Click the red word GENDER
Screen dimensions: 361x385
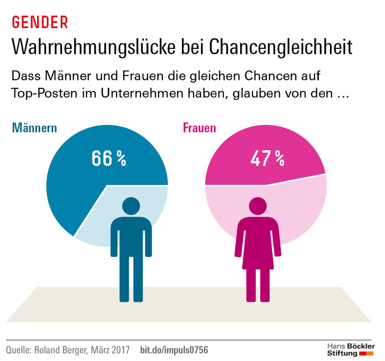coord(40,22)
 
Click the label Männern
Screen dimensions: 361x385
coord(35,128)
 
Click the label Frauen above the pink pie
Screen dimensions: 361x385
coord(199,128)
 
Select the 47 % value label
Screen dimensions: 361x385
coord(267,158)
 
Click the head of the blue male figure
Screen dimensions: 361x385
coord(131,206)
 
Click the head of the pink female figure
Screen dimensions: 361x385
coord(259,206)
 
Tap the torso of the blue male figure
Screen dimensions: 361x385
coord(131,236)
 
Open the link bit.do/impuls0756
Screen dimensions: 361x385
coord(173,349)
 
